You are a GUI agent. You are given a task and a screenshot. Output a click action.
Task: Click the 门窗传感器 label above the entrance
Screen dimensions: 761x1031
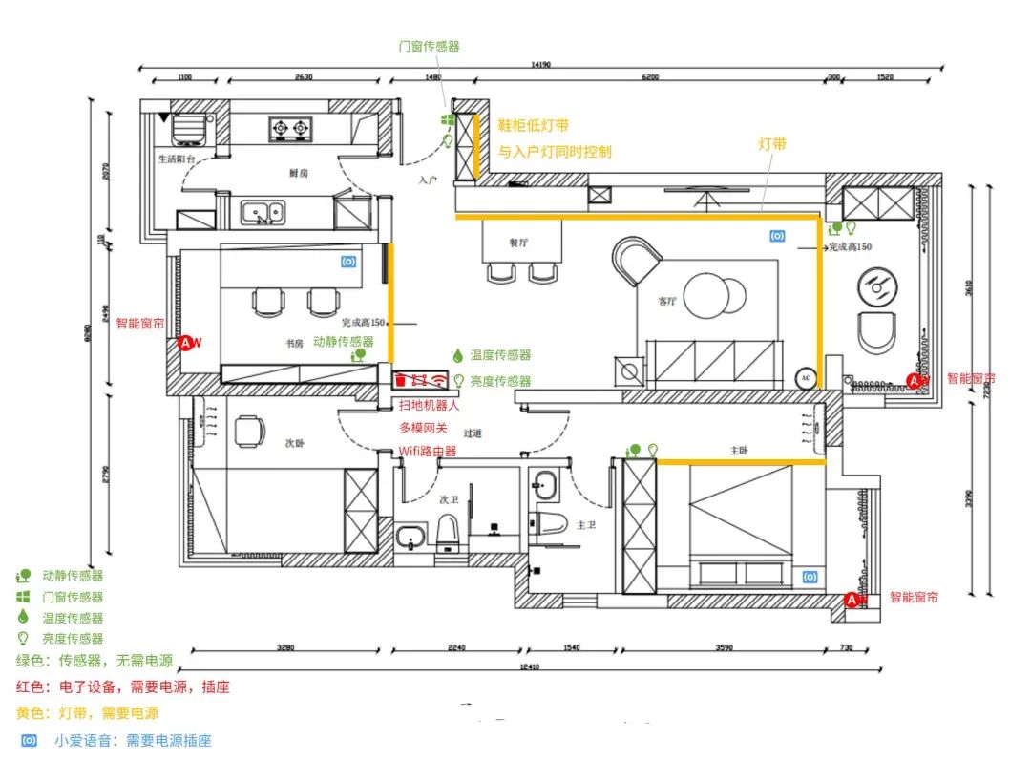tap(429, 46)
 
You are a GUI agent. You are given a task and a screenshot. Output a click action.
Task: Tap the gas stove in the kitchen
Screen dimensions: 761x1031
tap(291, 127)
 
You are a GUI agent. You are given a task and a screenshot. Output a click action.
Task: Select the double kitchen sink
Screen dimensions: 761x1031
tap(262, 211)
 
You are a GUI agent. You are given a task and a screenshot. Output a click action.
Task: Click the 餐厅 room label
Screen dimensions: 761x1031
tap(518, 243)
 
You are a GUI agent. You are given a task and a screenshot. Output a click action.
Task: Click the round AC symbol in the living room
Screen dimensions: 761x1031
tap(804, 378)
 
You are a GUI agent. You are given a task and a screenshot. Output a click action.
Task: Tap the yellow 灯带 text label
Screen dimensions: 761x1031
tap(772, 144)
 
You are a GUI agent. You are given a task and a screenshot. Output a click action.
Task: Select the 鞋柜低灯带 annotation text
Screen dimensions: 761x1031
tap(534, 125)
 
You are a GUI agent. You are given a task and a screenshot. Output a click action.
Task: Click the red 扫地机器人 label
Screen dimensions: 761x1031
tap(429, 405)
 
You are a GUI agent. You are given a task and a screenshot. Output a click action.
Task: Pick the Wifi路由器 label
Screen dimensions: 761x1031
tap(427, 451)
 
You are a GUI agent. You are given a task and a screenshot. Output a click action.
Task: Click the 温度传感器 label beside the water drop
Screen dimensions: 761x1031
tap(500, 355)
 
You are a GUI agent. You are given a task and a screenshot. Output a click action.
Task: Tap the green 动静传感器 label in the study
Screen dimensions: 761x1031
tap(344, 341)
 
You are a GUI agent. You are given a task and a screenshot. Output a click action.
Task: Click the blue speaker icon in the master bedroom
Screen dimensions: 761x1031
tap(810, 576)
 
